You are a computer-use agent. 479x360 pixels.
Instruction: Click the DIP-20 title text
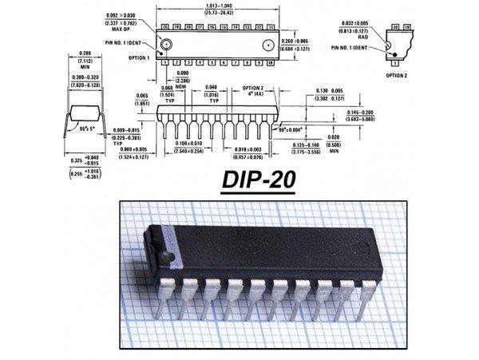pos(258,181)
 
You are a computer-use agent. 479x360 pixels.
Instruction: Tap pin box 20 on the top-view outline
pos(165,26)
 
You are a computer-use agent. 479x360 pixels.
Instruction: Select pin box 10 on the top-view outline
pos(267,61)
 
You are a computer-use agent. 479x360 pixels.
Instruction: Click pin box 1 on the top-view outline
pos(165,61)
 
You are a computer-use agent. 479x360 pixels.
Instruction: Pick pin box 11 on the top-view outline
pos(267,26)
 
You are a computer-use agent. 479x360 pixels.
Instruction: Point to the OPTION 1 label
pos(139,59)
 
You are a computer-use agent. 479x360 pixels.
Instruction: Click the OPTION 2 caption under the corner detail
pos(397,74)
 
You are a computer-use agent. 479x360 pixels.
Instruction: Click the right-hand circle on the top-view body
pos(269,44)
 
